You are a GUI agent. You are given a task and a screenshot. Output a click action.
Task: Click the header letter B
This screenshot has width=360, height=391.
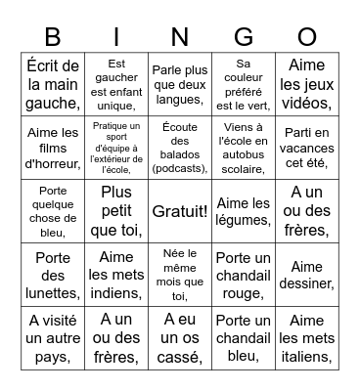click(x=53, y=37)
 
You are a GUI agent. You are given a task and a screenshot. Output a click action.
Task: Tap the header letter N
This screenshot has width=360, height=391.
click(x=180, y=37)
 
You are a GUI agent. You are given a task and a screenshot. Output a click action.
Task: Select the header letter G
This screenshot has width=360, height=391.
click(x=244, y=37)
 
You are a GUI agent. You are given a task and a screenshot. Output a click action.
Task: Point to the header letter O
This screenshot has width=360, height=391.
click(x=307, y=37)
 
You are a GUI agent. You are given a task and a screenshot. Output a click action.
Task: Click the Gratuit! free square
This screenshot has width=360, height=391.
click(x=180, y=211)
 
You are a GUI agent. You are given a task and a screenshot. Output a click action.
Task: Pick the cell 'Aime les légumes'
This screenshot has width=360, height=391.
click(x=244, y=211)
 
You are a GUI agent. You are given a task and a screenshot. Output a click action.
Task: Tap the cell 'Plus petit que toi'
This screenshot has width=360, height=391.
click(x=116, y=211)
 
